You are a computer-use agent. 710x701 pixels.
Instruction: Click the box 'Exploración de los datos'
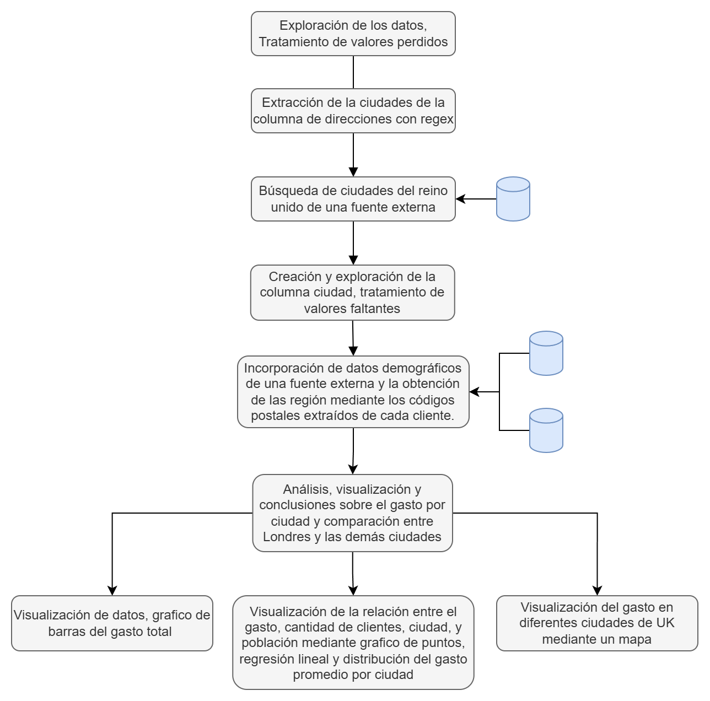point(353,34)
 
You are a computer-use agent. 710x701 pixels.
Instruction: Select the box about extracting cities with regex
point(353,111)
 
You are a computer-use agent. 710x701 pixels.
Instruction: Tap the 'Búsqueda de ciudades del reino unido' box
point(353,199)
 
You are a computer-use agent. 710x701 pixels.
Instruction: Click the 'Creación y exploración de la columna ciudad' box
point(353,293)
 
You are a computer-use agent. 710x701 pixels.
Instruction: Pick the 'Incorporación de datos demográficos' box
point(353,392)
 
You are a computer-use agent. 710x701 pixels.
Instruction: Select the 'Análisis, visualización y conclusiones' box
point(353,513)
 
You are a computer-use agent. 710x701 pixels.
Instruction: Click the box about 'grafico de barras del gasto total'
point(112,623)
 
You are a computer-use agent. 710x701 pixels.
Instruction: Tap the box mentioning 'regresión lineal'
point(353,643)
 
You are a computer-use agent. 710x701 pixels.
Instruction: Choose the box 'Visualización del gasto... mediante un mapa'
point(597,623)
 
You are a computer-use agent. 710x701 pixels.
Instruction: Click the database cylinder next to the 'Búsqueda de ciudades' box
point(513,199)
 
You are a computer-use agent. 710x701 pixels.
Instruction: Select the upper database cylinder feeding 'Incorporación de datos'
point(546,353)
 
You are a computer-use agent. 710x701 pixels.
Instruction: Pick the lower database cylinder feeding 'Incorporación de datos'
point(546,430)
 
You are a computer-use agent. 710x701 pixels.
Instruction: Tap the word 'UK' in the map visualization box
point(663,623)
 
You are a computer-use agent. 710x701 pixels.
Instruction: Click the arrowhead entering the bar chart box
point(112,590)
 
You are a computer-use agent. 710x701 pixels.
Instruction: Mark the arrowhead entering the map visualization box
point(597,590)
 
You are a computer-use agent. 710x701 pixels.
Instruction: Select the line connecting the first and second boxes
point(353,72)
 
